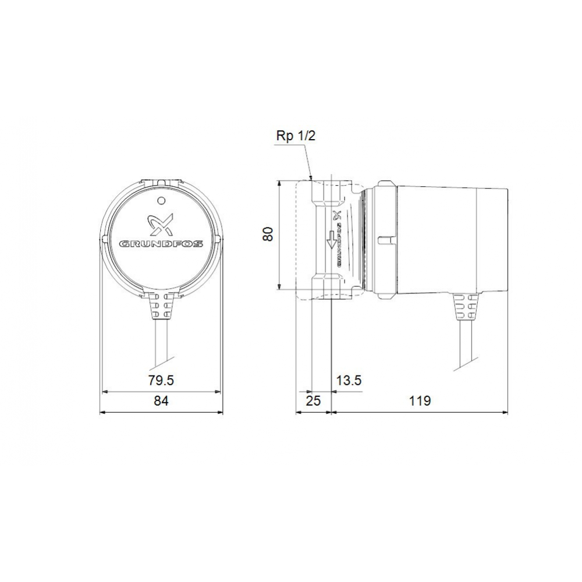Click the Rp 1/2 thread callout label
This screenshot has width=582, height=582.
pos(296,136)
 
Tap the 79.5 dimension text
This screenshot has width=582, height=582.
pos(161,381)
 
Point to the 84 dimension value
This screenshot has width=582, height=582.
pos(161,401)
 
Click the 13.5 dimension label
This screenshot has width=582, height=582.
pos(349,381)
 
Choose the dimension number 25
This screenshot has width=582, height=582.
pos(313,401)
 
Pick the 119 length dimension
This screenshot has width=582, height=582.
pos(419,401)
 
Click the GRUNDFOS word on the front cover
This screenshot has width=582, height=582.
pos(161,244)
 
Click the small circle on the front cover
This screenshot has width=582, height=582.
pos(161,201)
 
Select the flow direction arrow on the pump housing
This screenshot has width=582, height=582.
pos(332,239)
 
